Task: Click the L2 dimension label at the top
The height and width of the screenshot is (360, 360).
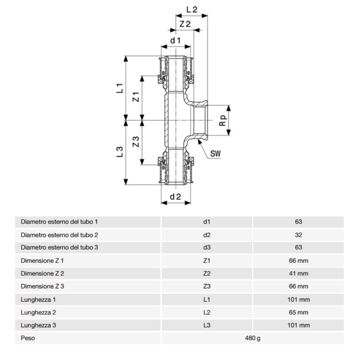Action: (191, 9)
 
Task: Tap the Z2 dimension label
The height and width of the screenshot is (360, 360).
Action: (185, 24)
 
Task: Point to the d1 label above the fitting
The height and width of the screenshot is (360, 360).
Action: (175, 41)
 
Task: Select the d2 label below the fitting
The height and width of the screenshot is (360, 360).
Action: (175, 197)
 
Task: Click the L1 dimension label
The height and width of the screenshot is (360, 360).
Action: (120, 88)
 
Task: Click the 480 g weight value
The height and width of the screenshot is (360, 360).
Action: (252, 338)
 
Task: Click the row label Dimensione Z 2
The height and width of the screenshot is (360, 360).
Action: (42, 274)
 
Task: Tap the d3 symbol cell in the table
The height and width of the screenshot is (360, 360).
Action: (207, 248)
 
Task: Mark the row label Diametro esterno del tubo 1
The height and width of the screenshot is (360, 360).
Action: (59, 222)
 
